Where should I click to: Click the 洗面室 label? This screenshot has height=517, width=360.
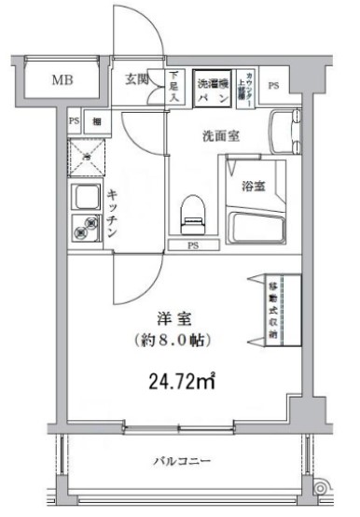point(222,136)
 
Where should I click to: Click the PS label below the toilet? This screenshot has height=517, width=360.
point(193,246)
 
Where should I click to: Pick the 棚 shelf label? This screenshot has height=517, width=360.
point(96,121)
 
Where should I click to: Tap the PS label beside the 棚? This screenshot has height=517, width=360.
point(74,121)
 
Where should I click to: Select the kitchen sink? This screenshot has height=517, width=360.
point(87,198)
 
